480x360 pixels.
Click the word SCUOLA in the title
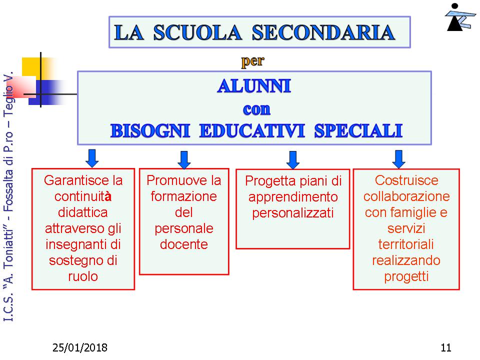pyautogui.click(x=197, y=32)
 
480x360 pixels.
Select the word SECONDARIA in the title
pyautogui.click(x=323, y=32)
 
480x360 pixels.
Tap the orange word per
pyautogui.click(x=252, y=61)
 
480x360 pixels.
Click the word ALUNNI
pyautogui.click(x=254, y=86)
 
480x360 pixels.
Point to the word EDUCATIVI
pyautogui.click(x=252, y=130)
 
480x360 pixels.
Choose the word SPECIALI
pyautogui.click(x=358, y=130)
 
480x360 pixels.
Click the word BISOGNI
pyautogui.click(x=150, y=130)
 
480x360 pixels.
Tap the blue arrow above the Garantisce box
pyautogui.click(x=92, y=158)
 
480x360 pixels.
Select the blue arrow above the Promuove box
pyautogui.click(x=184, y=159)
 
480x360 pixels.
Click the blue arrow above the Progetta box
pyautogui.click(x=293, y=159)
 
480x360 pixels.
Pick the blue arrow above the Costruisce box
pyautogui.click(x=398, y=159)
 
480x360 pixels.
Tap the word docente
pyautogui.click(x=184, y=244)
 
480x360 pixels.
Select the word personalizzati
pyautogui.click(x=293, y=213)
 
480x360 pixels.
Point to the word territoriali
pyautogui.click(x=406, y=244)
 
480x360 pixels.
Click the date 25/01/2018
pyautogui.click(x=80, y=348)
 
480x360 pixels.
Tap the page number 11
pyautogui.click(x=446, y=348)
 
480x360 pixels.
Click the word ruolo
pyautogui.click(x=83, y=276)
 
